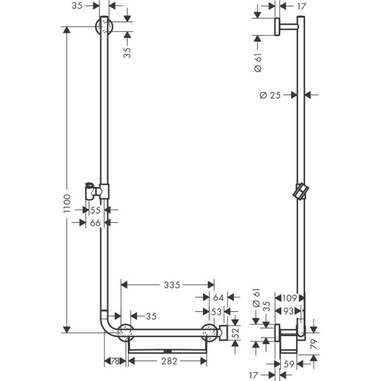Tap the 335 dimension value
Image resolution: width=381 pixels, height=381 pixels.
tap(171, 285)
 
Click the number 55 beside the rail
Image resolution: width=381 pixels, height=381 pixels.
tap(96, 209)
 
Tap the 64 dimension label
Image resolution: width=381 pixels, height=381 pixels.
tap(218, 298)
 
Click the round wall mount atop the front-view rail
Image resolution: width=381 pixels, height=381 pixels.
tap(104, 26)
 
